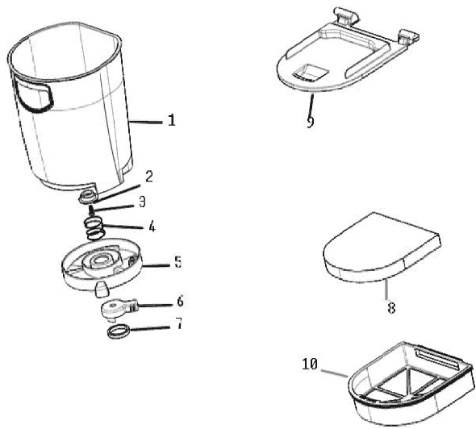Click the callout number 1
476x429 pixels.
pyautogui.click(x=172, y=120)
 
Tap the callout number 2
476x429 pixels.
pyautogui.click(x=148, y=177)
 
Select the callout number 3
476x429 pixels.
pyautogui.click(x=142, y=202)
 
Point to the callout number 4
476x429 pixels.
pyautogui.click(x=152, y=227)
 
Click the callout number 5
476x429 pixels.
pyautogui.click(x=178, y=262)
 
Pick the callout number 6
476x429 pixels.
pyautogui.click(x=181, y=302)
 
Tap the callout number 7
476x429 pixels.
pyautogui.click(x=179, y=323)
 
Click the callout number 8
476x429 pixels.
pyautogui.click(x=391, y=308)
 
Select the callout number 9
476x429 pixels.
pyautogui.click(x=311, y=122)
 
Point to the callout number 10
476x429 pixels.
pyautogui.click(x=310, y=364)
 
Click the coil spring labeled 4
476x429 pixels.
pyautogui.click(x=95, y=229)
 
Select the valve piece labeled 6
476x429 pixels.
pyautogui.click(x=119, y=309)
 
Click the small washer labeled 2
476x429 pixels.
pyautogui.click(x=88, y=198)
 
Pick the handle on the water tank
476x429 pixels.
pyautogui.click(x=34, y=94)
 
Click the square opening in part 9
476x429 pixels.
pyautogui.click(x=311, y=73)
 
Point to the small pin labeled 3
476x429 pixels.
pyautogui.click(x=91, y=210)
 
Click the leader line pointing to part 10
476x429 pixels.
pyautogui.click(x=334, y=373)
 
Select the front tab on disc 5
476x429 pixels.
pyautogui.click(x=102, y=289)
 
